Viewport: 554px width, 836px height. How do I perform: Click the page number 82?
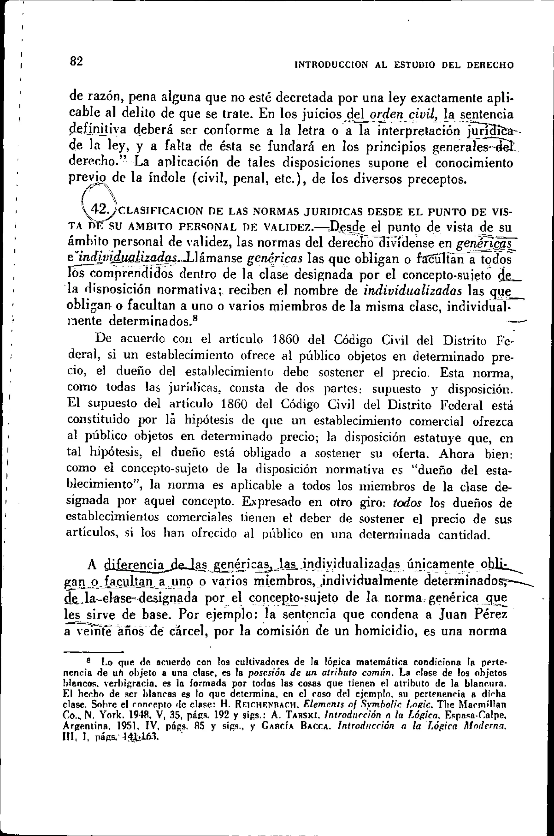coord(76,61)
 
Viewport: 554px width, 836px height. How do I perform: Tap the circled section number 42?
coord(98,209)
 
